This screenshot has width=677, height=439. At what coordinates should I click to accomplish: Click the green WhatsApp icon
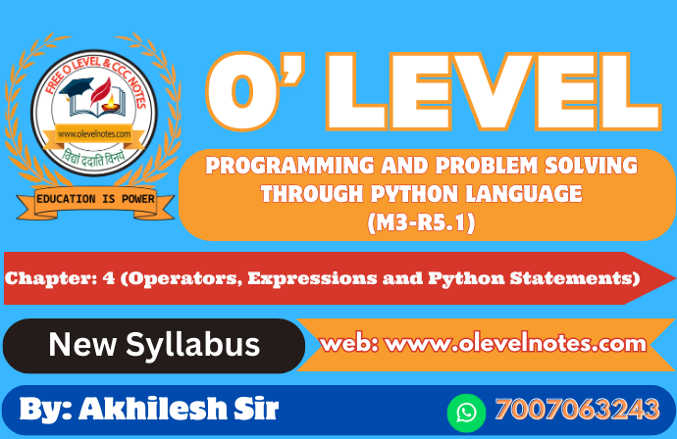[x=466, y=413]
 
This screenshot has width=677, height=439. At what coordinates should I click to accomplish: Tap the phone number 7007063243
[x=578, y=409]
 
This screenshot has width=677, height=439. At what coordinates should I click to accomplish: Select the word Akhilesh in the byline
[x=153, y=408]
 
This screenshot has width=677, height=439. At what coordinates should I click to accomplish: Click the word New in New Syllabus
[x=82, y=345]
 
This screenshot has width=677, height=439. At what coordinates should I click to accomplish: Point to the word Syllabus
[x=193, y=346]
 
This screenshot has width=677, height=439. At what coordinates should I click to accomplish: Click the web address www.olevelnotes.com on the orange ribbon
[x=515, y=344]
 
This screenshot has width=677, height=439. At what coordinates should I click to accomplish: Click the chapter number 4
[x=109, y=278]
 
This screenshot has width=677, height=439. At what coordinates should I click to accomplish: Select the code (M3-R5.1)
[x=421, y=223]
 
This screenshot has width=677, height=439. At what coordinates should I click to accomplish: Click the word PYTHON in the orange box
[x=414, y=194]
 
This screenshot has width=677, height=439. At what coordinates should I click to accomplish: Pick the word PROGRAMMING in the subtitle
[x=289, y=166]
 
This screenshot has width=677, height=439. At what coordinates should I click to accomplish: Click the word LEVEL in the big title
[x=494, y=91]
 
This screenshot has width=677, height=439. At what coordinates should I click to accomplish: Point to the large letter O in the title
[x=241, y=92]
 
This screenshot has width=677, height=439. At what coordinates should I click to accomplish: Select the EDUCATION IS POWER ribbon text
[x=95, y=199]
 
